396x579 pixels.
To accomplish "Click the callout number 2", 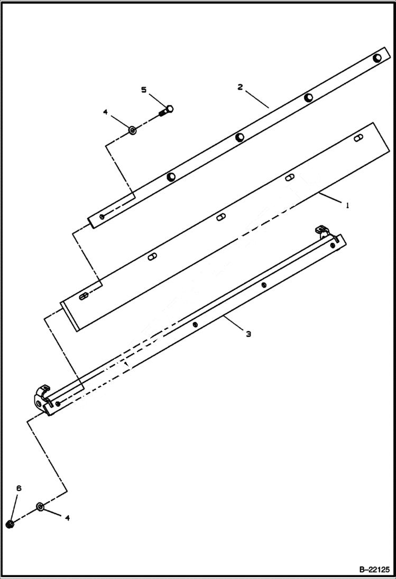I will tap(240, 87).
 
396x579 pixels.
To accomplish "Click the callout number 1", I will tap(347, 206).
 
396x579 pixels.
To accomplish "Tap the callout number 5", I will tap(144, 90).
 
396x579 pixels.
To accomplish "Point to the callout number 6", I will tap(19, 489).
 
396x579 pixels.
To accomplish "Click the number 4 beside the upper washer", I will tap(105, 112).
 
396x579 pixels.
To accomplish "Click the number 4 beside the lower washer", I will tap(67, 518).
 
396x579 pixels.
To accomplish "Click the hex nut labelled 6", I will tap(10, 524).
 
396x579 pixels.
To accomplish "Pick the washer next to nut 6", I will tap(41, 507).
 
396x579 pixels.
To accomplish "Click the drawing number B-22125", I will tap(374, 569).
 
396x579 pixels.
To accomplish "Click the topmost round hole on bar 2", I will tap(377, 58).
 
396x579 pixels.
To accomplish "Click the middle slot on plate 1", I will tap(222, 216).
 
